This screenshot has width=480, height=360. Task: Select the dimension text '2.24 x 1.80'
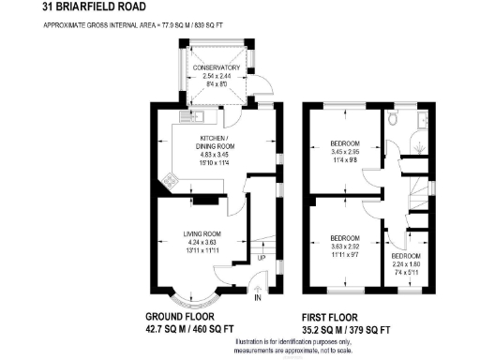[x=406, y=263]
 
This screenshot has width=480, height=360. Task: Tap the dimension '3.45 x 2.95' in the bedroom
[x=345, y=152]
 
